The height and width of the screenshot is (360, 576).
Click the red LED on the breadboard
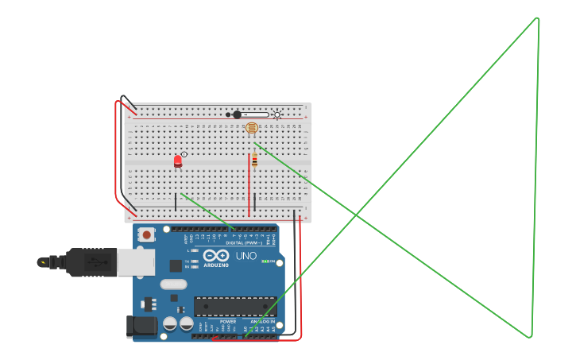178,161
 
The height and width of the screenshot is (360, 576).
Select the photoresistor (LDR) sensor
251,127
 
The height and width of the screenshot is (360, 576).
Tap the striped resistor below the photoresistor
254,161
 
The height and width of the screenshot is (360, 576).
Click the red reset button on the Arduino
147,234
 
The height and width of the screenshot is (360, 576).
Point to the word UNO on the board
245,256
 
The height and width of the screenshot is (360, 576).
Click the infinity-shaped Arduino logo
215,256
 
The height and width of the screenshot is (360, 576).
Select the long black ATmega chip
235,307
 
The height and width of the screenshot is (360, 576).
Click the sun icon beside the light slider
277,114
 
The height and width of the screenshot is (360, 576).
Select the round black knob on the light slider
237,114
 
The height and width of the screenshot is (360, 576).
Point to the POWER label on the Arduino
217,322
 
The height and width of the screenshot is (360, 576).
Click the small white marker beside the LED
184,154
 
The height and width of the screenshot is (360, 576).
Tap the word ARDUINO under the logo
216,265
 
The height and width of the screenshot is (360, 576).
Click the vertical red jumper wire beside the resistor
249,187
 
